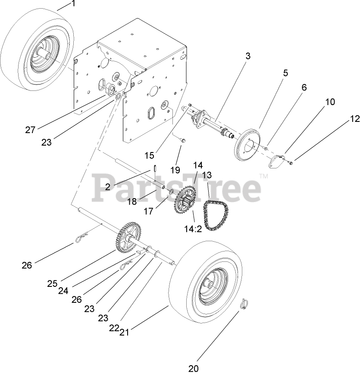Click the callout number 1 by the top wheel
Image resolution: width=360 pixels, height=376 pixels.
point(73,4)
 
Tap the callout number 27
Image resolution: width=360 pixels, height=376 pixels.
point(30,130)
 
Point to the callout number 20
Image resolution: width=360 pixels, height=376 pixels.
point(194,368)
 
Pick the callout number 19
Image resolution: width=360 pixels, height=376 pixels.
point(175,169)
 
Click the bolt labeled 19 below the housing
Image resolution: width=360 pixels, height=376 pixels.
point(183,141)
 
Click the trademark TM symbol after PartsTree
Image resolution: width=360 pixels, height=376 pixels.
point(263,176)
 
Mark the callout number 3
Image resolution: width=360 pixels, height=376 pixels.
point(248,56)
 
